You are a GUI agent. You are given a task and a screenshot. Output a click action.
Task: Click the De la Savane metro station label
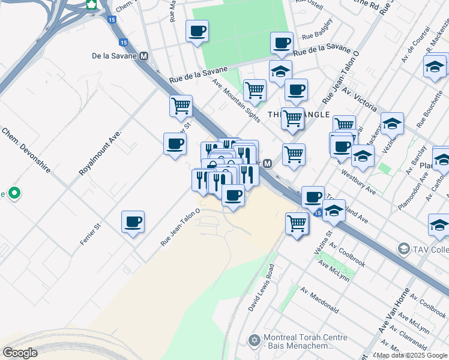[x=114, y=56]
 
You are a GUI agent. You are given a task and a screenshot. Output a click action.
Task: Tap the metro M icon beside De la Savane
[x=143, y=56]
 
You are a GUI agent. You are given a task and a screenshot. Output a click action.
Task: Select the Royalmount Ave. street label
[x=100, y=152]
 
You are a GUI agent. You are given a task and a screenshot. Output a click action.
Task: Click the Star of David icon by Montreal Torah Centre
[x=254, y=341]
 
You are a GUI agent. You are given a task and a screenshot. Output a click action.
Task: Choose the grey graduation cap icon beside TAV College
[x=403, y=248]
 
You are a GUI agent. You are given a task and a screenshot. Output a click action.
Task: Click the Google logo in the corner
[x=20, y=353]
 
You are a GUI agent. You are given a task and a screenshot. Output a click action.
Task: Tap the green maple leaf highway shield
[x=92, y=5]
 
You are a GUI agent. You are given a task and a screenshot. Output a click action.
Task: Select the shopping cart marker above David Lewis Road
[x=297, y=224]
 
